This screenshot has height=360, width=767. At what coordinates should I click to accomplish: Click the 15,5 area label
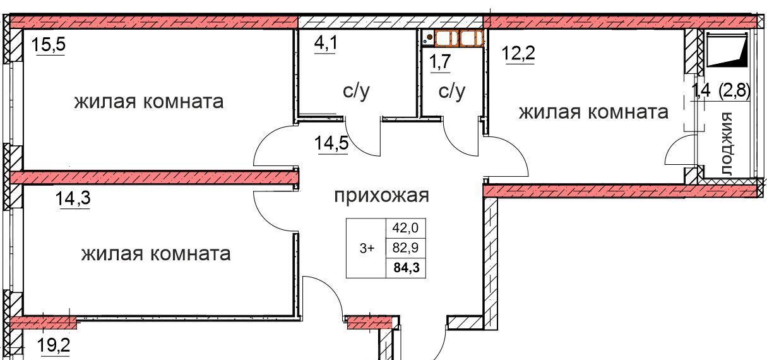[x=48, y=45]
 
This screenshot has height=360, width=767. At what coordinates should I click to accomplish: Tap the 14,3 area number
[x=73, y=198]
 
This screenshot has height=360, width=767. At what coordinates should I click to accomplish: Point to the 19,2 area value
[x=54, y=345]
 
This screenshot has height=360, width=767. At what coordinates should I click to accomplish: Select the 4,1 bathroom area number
[x=326, y=44]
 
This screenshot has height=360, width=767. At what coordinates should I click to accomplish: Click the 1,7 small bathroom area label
[x=440, y=62]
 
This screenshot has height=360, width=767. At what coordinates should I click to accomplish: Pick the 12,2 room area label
[x=518, y=53]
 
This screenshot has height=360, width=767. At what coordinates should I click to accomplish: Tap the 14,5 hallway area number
[x=331, y=143]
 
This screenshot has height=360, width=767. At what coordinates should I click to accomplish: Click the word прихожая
[x=381, y=196]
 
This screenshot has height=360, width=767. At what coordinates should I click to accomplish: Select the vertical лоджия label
[x=726, y=144]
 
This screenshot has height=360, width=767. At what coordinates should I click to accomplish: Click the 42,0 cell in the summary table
[x=405, y=228]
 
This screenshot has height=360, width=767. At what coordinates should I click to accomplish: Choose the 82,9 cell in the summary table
[x=405, y=248]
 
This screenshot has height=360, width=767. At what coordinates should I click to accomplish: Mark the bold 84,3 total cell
[x=407, y=267]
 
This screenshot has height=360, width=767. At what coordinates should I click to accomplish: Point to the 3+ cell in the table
[x=367, y=248]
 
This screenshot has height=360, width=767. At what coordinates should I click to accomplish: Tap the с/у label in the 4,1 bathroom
[x=357, y=92]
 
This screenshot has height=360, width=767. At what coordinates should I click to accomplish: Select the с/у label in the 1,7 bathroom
[x=452, y=92]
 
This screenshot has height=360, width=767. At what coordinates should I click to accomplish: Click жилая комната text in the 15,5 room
[x=149, y=102]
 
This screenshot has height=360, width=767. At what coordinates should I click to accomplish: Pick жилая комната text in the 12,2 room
[x=593, y=112]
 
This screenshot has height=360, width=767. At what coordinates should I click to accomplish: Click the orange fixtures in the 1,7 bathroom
[x=459, y=39]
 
